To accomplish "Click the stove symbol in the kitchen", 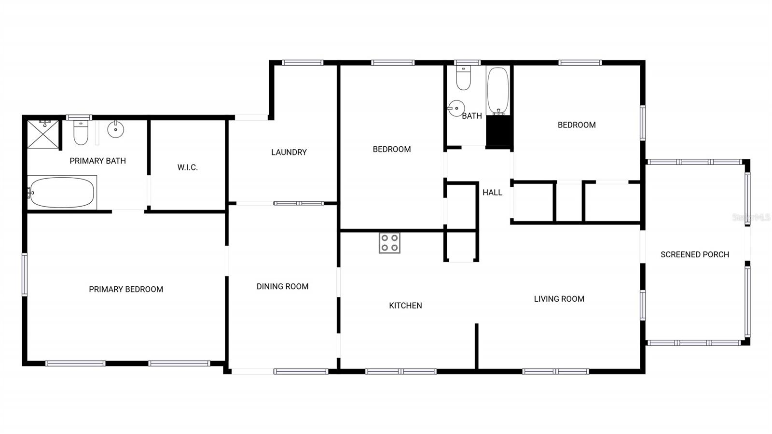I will point(389,243).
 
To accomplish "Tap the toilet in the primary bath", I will point(81,134).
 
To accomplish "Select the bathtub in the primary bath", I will point(61,193).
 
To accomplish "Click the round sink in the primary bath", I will point(116,129).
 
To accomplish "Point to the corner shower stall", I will point(43,134).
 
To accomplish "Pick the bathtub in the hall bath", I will point(498,90).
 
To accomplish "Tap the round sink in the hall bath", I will point(456,108).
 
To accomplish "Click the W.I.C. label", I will point(188,168).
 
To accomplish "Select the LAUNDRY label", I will point(289,152).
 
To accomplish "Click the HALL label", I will point(492,193).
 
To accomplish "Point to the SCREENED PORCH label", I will point(695,254).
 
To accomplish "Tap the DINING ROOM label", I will point(282,286).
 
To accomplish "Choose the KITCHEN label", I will point(405,306).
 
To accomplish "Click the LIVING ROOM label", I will point(559,299).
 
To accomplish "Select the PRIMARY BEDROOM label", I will point(126,289).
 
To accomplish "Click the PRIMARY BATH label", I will point(97,161).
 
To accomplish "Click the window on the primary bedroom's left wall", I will point(25,274).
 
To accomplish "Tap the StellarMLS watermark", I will point(751,217).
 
